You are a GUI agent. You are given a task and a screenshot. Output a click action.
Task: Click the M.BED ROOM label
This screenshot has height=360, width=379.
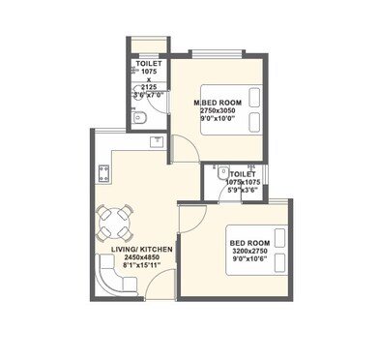pyautogui.click(x=218, y=103)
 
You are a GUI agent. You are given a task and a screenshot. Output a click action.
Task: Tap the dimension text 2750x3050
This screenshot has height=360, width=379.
pyautogui.click(x=218, y=111)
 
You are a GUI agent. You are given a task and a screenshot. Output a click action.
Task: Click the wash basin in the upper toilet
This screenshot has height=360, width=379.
pyautogui.click(x=141, y=119)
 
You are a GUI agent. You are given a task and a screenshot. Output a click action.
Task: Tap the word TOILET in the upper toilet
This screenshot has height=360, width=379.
pyautogui.click(x=149, y=63)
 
